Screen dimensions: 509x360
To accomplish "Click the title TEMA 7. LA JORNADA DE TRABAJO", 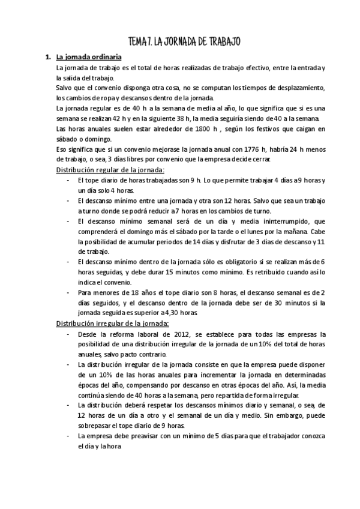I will (x=185, y=41).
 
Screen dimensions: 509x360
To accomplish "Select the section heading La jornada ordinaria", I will (x=89, y=58).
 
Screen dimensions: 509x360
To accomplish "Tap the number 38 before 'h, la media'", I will (x=217, y=118).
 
